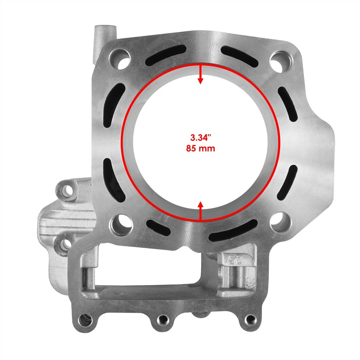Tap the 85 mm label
pyautogui.click(x=200, y=148)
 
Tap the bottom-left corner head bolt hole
pyautogui.click(x=120, y=224)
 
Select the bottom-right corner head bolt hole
pyautogui.click(x=279, y=222)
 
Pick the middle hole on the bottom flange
pyautogui.click(x=162, y=319)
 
